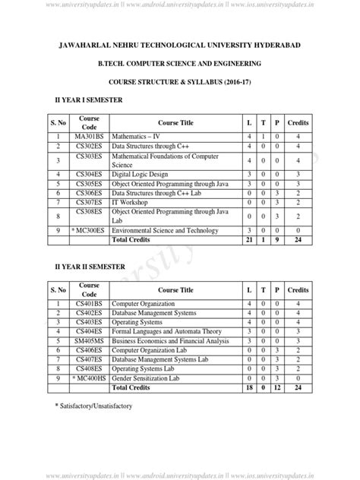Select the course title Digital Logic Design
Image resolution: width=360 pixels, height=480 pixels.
coord(141,175)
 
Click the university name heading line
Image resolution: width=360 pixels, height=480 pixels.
coord(179,47)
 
